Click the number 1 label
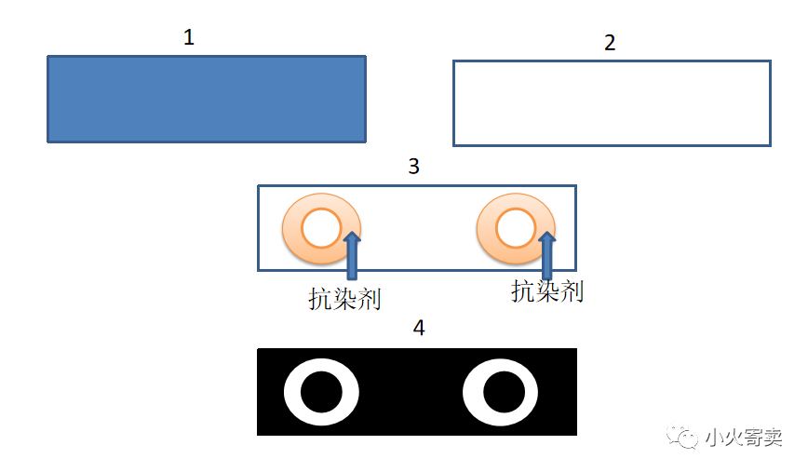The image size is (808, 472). click(189, 38)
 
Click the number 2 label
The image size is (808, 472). click(610, 43)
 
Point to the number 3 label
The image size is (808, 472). click(414, 167)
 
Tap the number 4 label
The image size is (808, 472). click(419, 329)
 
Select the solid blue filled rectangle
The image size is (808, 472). click(206, 99)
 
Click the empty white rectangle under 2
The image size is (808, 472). click(612, 103)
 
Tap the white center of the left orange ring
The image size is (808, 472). click(321, 228)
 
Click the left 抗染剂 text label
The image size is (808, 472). click(345, 298)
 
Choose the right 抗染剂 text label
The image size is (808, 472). click(547, 290)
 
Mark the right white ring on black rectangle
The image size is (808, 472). click(474, 392)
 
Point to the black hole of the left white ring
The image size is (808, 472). click(321, 392)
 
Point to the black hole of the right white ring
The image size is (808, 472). click(502, 392)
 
